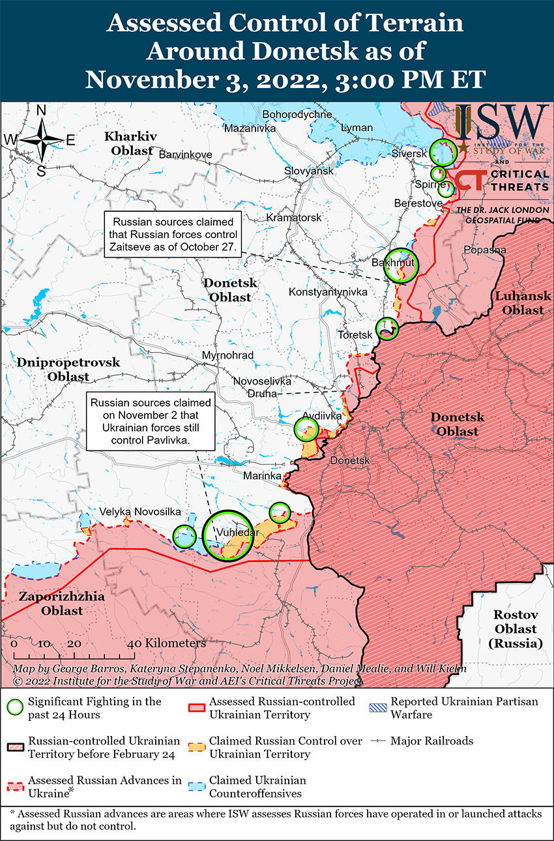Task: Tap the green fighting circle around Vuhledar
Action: [227, 534]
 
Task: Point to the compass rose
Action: [40, 140]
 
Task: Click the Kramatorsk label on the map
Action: [294, 217]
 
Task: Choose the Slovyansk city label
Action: [308, 171]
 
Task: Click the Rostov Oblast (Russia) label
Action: [515, 629]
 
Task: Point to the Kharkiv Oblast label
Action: [131, 143]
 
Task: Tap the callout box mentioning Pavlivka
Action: [151, 422]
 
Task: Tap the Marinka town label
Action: [262, 477]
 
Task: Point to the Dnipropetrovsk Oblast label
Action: [68, 369]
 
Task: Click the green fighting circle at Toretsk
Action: [387, 328]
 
